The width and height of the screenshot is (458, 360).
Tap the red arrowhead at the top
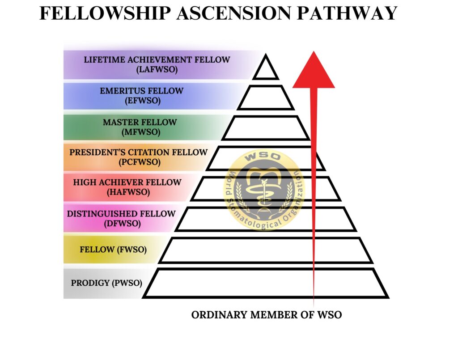[314, 71]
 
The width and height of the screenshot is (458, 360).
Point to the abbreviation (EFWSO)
[142, 101]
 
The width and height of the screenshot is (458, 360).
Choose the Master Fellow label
[140, 122]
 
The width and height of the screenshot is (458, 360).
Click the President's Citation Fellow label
[138, 152]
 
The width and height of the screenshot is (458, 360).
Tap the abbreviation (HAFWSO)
[127, 192]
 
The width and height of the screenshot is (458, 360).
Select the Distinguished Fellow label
[121, 214]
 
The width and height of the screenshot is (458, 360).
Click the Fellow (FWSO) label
[113, 250]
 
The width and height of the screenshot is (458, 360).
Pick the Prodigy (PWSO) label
[106, 283]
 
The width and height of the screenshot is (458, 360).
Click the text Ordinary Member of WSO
[267, 315]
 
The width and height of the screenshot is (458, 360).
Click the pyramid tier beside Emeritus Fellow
[266, 97]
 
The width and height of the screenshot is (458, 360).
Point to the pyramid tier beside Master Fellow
[266, 127]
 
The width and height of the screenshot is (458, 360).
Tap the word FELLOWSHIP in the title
[105, 13]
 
